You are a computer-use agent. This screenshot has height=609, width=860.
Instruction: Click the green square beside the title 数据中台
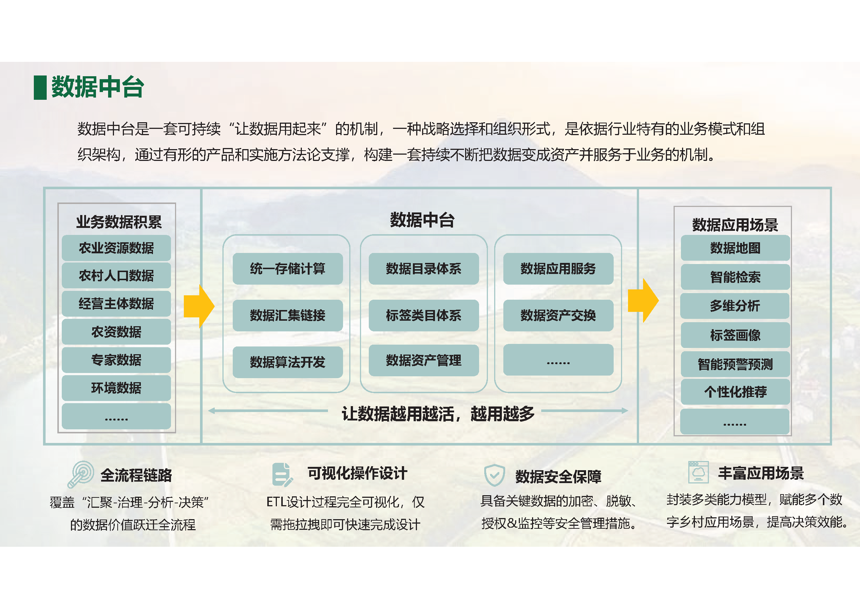(40, 88)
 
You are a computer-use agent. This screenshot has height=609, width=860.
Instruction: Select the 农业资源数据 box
(116, 248)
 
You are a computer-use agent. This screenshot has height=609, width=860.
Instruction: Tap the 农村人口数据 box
(116, 276)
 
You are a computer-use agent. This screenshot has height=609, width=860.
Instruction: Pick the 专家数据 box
(116, 360)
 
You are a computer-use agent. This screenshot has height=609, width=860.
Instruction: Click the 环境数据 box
(116, 388)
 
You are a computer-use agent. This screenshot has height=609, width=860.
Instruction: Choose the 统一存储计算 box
(287, 268)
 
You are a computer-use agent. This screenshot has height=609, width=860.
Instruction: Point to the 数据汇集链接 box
(287, 316)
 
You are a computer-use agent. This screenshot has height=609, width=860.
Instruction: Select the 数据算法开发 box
(287, 362)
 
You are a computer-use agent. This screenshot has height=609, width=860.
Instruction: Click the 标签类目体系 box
(423, 316)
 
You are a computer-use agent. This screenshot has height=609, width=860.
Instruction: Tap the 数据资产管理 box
(423, 360)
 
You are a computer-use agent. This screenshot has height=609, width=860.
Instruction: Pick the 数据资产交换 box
(558, 316)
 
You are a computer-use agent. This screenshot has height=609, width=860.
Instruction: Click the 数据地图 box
(735, 248)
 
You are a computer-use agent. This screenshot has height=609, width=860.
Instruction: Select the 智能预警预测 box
(735, 364)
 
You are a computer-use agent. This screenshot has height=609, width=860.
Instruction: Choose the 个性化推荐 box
(735, 392)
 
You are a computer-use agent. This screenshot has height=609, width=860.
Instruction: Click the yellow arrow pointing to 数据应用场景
(643, 300)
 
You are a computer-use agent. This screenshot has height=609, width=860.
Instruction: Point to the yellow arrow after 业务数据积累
(199, 306)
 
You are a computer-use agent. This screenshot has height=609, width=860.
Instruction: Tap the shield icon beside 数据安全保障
(494, 475)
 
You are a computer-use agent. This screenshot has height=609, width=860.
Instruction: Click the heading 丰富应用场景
(761, 473)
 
